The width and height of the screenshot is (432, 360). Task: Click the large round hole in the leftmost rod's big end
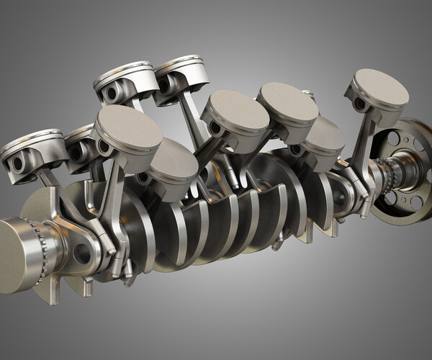(x=81, y=253)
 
